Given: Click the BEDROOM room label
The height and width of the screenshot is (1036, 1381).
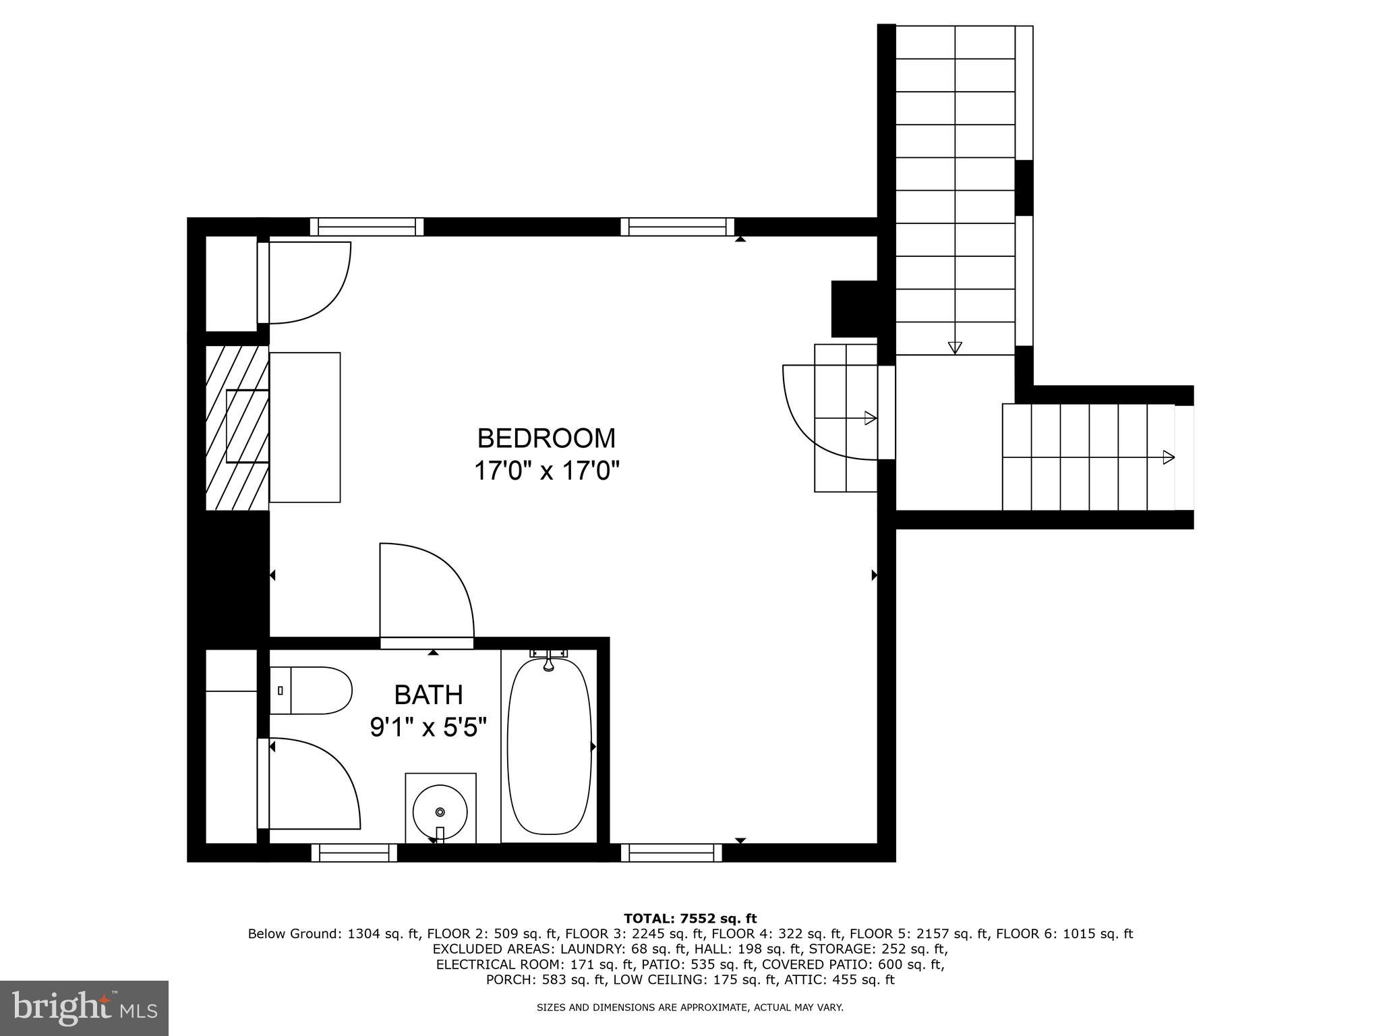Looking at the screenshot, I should click(x=546, y=438).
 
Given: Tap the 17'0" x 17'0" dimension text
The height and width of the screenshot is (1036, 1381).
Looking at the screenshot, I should click(x=546, y=471).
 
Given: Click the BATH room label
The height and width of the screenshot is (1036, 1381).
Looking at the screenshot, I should click(x=428, y=695).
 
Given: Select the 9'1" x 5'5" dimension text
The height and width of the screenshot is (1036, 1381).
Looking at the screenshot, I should click(x=428, y=728).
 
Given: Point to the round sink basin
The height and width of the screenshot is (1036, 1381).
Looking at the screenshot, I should click(x=440, y=811).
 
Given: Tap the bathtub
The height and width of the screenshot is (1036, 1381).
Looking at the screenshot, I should click(x=549, y=747).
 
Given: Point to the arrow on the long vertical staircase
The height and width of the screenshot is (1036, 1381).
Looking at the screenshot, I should click(x=954, y=347).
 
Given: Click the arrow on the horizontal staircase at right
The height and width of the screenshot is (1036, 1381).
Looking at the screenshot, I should click(x=1168, y=457).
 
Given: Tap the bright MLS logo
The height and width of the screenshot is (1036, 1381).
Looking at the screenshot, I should click(x=84, y=1008).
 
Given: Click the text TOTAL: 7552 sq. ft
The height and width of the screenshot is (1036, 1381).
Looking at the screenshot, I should click(x=690, y=919).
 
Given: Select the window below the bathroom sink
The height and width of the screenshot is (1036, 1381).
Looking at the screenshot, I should click(x=354, y=853).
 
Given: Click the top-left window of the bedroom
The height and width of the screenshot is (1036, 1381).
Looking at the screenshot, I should click(x=367, y=227).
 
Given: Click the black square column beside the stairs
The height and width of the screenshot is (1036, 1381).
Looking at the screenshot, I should click(x=854, y=309).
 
